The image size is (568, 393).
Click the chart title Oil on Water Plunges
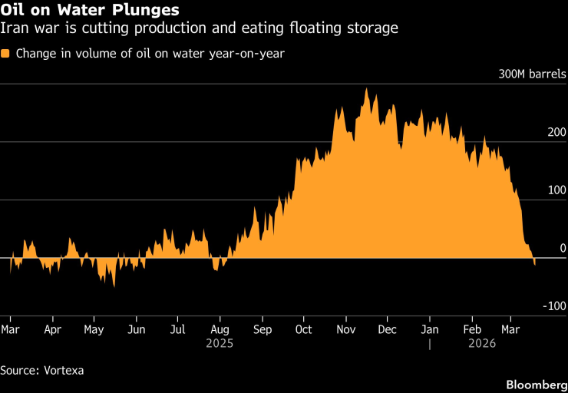point(91,11)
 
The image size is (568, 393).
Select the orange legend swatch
point(6,54)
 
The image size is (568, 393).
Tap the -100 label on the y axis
point(554,306)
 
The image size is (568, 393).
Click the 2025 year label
point(220,344)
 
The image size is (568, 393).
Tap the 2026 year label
point(481,344)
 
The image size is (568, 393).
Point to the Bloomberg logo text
point(534,382)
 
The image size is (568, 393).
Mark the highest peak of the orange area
point(366,89)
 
